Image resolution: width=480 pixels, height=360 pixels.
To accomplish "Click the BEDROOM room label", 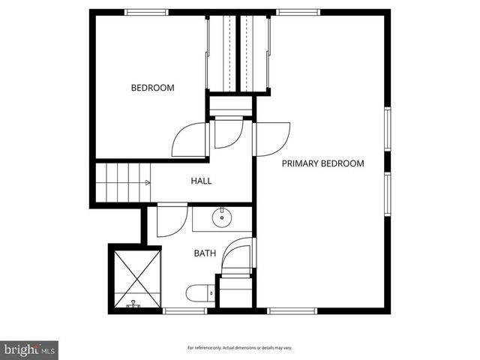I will coord(152,88).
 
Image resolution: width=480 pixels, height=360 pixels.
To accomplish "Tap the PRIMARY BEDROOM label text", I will coord(322,163).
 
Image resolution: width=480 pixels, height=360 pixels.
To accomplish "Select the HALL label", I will coord(201,181).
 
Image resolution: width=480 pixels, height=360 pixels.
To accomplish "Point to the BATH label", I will coord(205,253).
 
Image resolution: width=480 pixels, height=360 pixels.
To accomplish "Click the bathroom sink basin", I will coord(221,219).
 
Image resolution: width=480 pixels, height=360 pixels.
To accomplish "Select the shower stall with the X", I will coord(136,278).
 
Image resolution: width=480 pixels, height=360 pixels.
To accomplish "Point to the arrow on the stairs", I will coord(147,182).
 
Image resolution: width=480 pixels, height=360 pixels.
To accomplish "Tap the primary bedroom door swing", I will coord(274,139).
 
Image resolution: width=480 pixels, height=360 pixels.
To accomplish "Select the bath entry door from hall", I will coord(171,219).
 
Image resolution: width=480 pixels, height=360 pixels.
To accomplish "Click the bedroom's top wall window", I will coord(146,12).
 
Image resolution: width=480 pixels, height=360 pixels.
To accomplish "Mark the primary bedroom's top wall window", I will coord(298,12).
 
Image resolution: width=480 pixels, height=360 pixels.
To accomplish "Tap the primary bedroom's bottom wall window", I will coord(292,310).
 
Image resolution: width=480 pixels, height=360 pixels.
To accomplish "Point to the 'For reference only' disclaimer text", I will coord(240,348).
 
